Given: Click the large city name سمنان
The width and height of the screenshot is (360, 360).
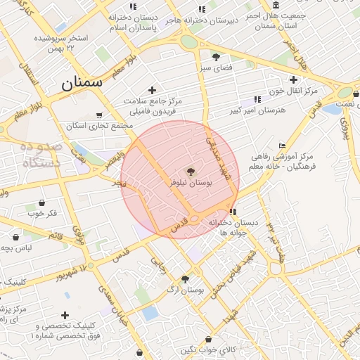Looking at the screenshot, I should point(82,83).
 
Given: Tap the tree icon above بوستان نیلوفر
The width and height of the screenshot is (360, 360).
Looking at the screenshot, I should point(190,171).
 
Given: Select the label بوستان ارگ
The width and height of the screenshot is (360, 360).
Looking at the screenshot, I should point(186,290).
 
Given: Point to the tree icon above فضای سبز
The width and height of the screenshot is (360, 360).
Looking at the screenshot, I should point(216,57).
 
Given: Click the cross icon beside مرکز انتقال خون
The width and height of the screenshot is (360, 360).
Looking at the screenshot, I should point(293,79).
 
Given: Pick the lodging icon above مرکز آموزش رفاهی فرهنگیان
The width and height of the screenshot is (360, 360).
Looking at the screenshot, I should point(283,146).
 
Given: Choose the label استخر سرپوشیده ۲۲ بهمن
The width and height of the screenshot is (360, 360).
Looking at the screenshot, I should point(63,42).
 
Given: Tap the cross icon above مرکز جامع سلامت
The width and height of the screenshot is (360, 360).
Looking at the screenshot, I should point(151,90).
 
